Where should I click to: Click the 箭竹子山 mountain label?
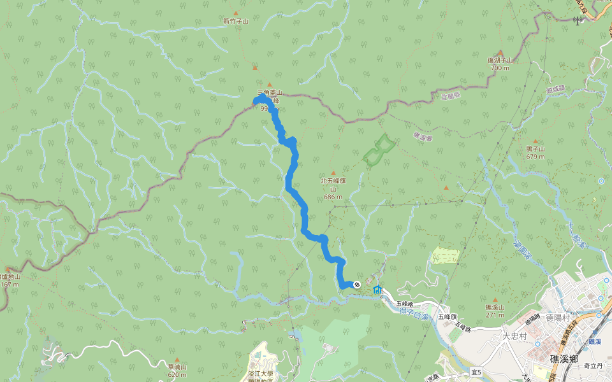(236, 21)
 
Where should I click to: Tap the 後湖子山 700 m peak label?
(500, 64)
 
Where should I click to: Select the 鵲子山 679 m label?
(535, 152)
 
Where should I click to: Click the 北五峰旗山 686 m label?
(333, 188)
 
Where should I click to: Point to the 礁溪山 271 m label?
(495, 311)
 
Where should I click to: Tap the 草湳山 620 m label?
(177, 371)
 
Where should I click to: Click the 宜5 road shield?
(476, 371)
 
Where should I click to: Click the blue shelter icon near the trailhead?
(377, 290)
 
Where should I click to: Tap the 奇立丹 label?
(593, 366)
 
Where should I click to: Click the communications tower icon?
(577, 20)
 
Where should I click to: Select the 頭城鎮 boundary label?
(555, 89)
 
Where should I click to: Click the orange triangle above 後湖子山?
(500, 53)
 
